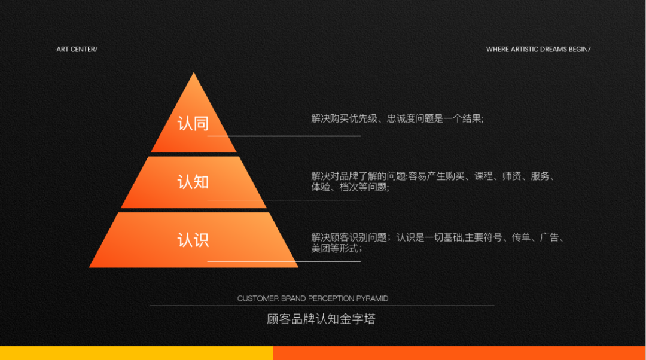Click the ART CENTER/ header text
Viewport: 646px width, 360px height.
coord(77,50)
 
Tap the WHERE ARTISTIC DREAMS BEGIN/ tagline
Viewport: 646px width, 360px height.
coord(538,50)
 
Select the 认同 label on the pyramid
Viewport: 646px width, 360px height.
coord(193,124)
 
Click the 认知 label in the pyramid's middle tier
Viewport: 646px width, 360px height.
coord(193,182)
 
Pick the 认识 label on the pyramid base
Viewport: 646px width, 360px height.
coord(193,240)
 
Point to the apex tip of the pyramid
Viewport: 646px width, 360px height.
coord(194,73)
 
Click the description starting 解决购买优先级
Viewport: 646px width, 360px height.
coord(397,118)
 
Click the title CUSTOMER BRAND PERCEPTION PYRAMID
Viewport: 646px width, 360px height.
coord(313,298)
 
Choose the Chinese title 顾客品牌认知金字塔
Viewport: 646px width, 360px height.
coord(321,319)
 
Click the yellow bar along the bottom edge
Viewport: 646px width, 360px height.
coord(136,353)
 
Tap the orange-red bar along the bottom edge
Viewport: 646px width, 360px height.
coord(459,353)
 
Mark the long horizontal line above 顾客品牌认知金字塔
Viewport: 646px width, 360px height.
coord(322,306)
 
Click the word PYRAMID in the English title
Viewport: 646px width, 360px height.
coord(372,298)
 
